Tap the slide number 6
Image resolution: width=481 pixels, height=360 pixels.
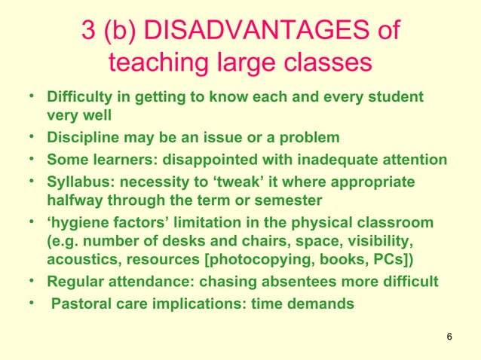pos(449,336)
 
